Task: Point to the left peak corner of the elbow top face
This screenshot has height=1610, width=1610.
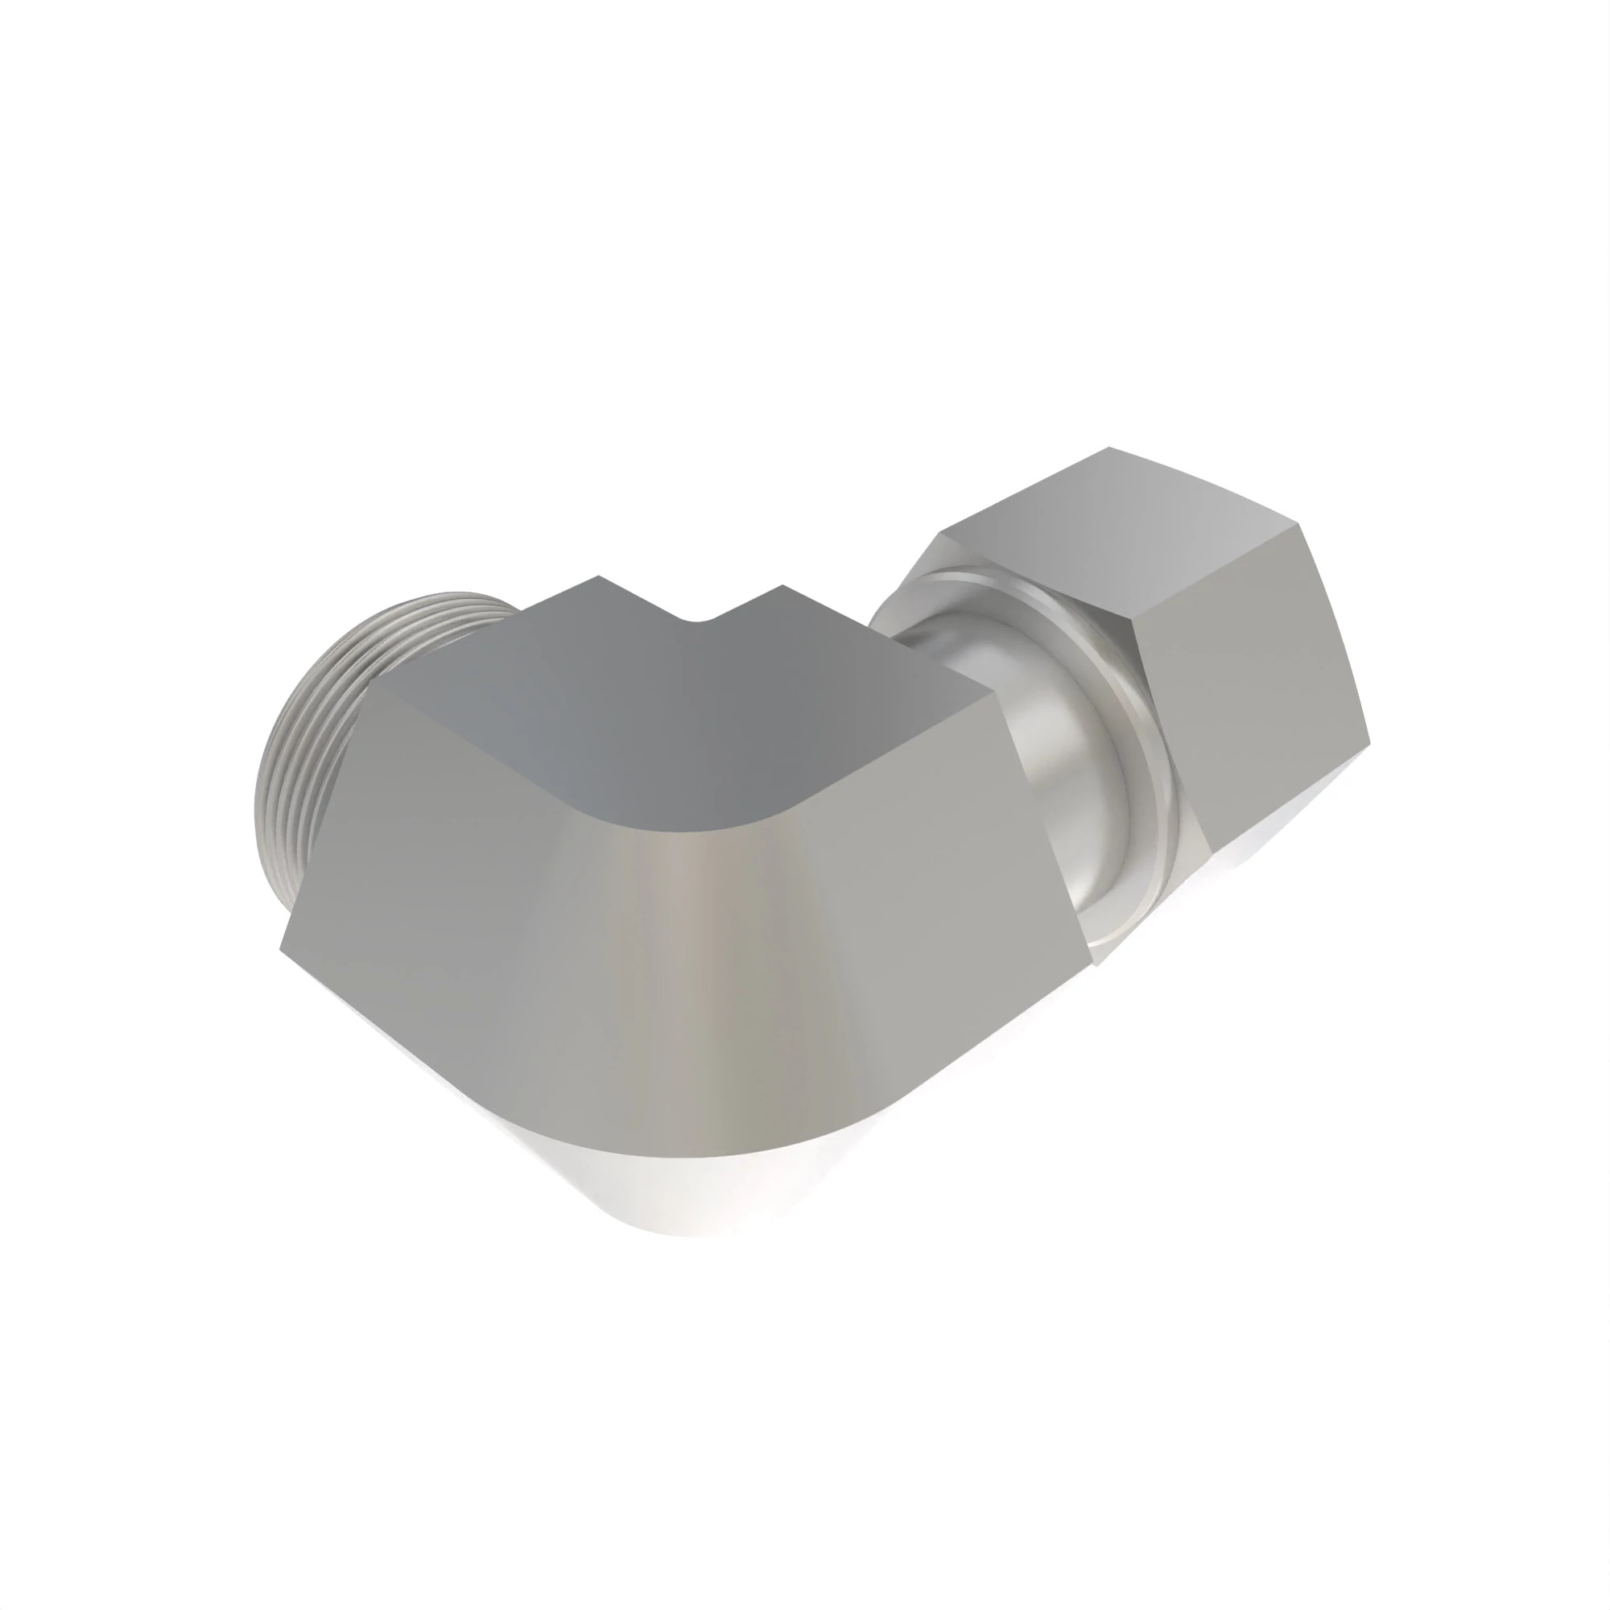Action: pos(598,576)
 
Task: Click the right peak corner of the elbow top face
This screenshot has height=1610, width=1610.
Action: pos(782,586)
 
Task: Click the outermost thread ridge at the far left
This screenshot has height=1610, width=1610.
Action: pos(258,800)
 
